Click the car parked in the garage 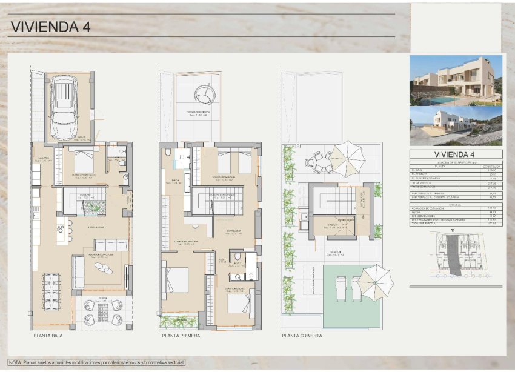point(64,107)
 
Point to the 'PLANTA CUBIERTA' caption point(302,335)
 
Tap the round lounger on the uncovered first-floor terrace point(204,94)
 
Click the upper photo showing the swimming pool point(456,80)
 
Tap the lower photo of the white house point(456,126)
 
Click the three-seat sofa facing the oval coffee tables point(110,245)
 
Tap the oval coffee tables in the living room point(104,267)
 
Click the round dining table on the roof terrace point(319,162)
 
